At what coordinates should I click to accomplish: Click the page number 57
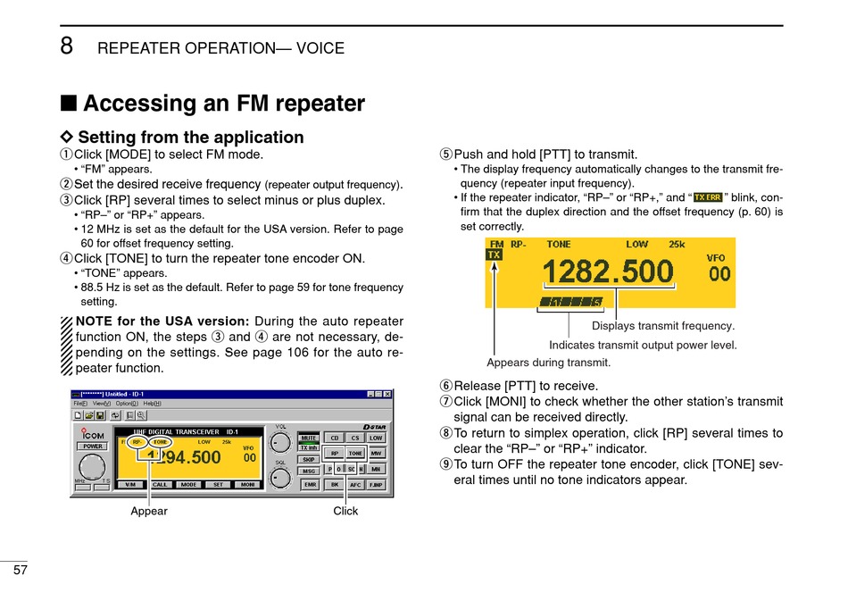tap(20, 571)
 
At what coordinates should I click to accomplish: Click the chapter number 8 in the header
tap(67, 46)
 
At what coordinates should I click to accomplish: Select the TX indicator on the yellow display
tap(494, 255)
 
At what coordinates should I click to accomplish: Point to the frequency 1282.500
tap(608, 271)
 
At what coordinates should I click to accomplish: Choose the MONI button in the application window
tap(247, 484)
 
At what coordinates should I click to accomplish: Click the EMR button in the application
tap(309, 484)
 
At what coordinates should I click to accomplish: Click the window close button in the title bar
tap(387, 394)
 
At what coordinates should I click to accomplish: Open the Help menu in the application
tap(152, 404)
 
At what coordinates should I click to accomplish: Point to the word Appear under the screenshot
tap(149, 511)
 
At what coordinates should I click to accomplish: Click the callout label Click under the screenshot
tap(345, 511)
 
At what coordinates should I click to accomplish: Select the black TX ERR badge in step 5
tap(708, 197)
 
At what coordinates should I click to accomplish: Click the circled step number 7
tap(445, 402)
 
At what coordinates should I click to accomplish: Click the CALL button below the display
tap(160, 484)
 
